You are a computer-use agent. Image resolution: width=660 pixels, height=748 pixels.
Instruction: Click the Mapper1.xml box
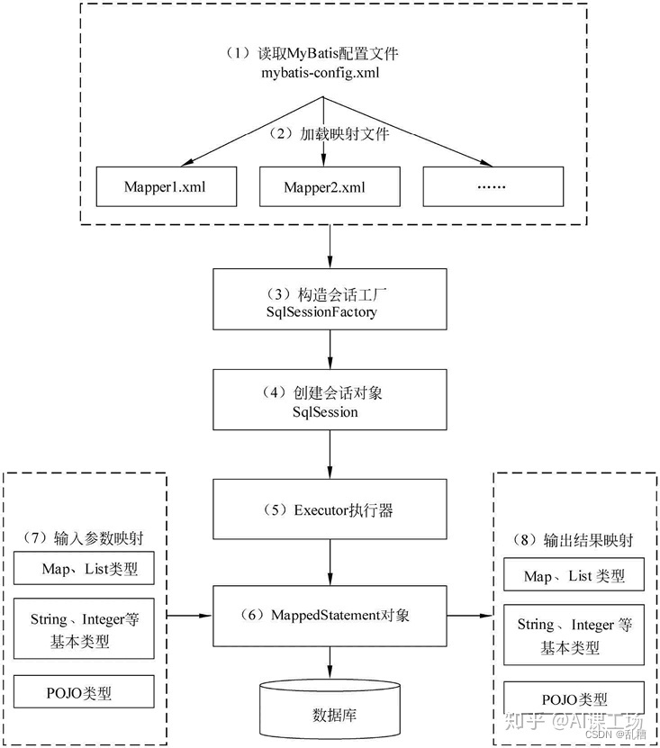[167, 187]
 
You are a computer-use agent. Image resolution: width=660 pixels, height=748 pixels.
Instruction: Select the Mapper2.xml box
[330, 187]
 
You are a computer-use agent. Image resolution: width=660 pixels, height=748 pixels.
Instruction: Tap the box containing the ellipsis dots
[493, 187]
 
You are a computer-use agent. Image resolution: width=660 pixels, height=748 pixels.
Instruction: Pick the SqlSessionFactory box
[330, 302]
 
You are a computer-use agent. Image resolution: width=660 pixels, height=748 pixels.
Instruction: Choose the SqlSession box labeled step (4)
[330, 401]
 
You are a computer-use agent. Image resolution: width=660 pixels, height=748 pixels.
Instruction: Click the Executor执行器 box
[330, 510]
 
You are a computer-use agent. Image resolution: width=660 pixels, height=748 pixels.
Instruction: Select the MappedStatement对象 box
[330, 616]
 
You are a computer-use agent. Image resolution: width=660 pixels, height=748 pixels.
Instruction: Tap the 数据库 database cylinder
[330, 711]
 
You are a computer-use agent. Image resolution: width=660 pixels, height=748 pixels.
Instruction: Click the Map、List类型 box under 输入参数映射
[85, 569]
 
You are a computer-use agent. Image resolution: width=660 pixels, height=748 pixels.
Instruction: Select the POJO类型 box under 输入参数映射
[85, 692]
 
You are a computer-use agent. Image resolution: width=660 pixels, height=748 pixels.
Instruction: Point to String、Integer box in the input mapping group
[85, 631]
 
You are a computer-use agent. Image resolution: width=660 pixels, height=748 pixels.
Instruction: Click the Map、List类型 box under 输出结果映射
[574, 576]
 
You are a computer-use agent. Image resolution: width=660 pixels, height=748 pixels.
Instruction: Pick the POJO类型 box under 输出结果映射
[574, 698]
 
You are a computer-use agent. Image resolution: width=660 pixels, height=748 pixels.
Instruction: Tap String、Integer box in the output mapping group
[574, 635]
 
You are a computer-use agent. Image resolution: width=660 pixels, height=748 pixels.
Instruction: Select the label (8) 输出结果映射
[574, 541]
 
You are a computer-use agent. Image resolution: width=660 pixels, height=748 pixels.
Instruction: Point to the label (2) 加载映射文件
[330, 133]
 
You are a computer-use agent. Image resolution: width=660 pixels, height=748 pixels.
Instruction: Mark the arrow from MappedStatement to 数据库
[330, 662]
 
